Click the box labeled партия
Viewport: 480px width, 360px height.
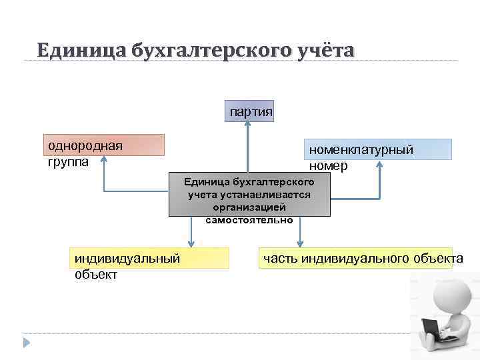(x=250, y=111)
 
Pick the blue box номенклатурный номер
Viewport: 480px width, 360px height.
(x=379, y=149)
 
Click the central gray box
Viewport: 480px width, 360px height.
(x=249, y=197)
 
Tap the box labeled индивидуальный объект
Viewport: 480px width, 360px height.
(x=149, y=258)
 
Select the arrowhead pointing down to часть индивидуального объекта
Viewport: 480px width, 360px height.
(x=300, y=243)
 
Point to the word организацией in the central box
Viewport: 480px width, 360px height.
(x=249, y=207)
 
